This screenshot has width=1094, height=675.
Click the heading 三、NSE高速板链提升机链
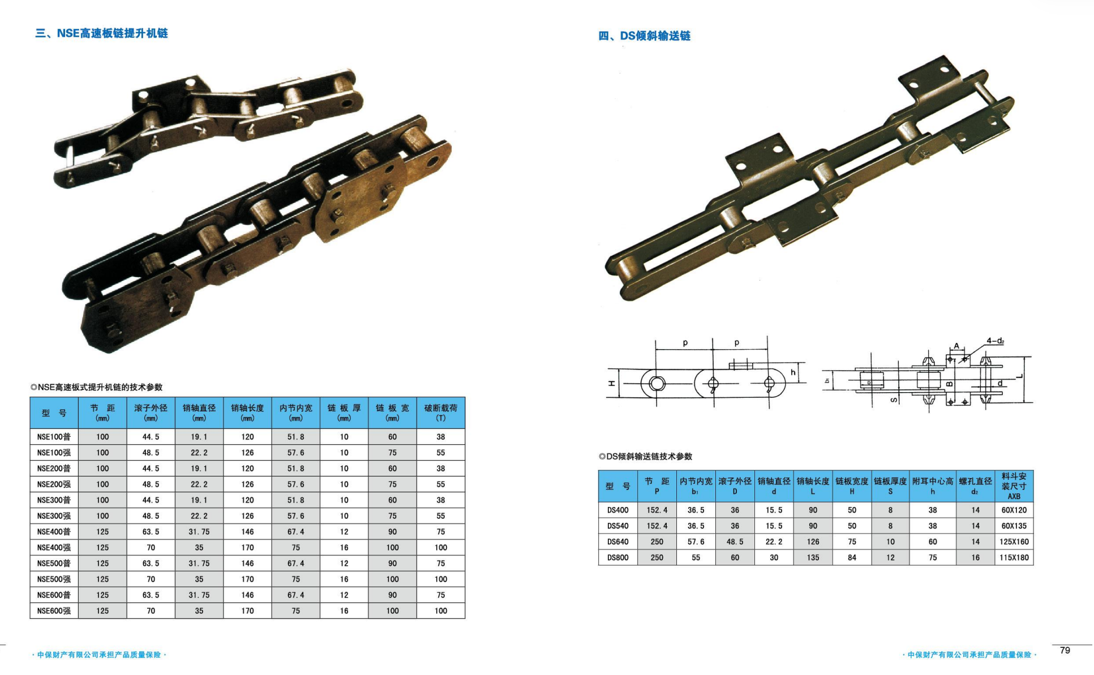point(101,33)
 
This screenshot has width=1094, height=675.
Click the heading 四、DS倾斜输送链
point(644,36)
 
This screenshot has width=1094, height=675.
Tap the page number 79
point(1065,650)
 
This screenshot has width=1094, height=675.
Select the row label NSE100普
point(54,437)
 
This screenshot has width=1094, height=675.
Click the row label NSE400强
point(54,548)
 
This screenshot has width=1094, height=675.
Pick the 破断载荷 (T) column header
point(441,413)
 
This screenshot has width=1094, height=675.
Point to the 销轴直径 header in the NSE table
point(199,413)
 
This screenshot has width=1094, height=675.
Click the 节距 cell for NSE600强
point(102,611)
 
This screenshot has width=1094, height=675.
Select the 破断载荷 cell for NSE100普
point(441,437)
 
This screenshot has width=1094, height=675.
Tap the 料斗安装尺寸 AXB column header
point(1014,486)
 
